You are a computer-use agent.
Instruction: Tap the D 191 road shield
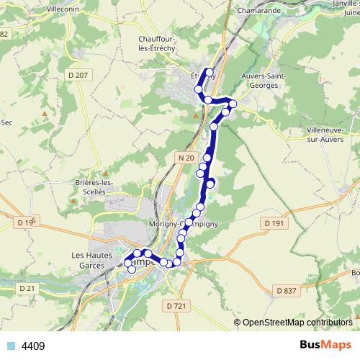pos(274,224)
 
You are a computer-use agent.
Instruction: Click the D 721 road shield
pos(176,306)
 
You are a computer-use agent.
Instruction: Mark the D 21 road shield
pos(26,288)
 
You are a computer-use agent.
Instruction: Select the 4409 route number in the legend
pos(33,346)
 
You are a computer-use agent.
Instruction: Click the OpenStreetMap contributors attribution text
pos(297,322)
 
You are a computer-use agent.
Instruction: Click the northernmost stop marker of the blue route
pos(209,72)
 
